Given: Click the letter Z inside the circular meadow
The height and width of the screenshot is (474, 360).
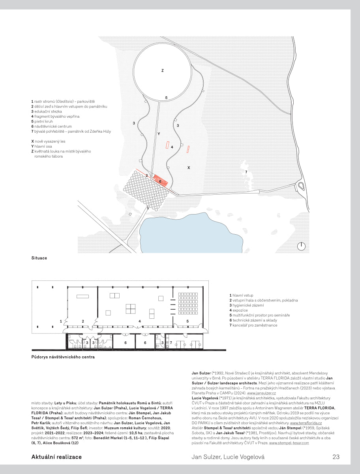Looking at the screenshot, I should click(162, 71).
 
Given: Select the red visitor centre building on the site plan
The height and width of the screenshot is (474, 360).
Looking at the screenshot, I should click(161, 181).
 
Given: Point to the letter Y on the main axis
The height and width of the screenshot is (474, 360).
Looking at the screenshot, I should click(158, 134).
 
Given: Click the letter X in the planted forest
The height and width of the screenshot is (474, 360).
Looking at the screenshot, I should click(189, 168).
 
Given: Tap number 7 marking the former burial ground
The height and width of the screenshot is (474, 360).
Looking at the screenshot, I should click(246, 172).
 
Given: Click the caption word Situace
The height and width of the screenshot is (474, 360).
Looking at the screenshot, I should click(39, 258).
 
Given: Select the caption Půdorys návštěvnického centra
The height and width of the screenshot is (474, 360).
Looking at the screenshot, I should click(63, 357).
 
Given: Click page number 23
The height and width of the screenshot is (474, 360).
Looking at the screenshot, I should click(336, 457).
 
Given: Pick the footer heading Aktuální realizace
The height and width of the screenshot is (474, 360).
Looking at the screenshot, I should click(56, 457).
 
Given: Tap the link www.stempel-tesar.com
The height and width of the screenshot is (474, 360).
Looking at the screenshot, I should click(289, 443).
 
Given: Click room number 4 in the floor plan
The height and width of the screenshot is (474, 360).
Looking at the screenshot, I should click(140, 321).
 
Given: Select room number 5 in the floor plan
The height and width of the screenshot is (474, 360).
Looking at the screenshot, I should click(187, 321).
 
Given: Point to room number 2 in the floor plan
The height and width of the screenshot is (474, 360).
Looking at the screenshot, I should click(83, 321).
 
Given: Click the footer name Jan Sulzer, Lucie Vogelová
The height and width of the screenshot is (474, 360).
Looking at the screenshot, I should click(228, 457).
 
